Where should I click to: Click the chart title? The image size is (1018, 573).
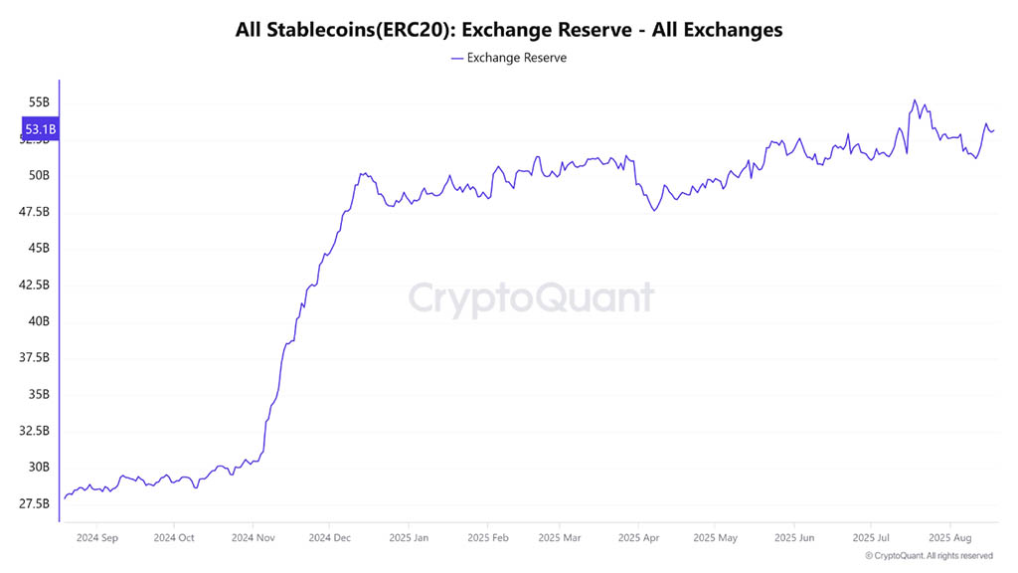coord(509,30)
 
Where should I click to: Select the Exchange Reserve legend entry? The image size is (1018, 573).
coord(509,58)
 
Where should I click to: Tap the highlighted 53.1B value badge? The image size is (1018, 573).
coord(40,129)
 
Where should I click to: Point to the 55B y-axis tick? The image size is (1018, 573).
coord(39,102)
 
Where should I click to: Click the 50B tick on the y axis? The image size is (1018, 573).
coord(39,176)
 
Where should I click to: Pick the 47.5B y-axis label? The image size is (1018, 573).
coord(34,212)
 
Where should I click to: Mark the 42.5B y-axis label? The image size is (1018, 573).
coord(34,286)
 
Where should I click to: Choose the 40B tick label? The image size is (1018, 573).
coord(39,321)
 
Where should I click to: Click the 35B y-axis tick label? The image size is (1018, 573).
coord(39,395)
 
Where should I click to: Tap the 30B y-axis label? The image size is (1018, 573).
coord(39,468)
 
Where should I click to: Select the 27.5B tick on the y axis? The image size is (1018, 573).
coord(34,504)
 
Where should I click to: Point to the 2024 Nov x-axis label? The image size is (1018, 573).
coord(253,538)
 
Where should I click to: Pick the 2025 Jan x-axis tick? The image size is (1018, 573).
coord(408,538)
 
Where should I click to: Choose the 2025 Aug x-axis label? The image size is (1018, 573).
coord(949,538)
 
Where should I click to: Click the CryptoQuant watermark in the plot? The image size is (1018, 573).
coord(532,298)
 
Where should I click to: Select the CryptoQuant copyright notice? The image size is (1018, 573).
coord(929,556)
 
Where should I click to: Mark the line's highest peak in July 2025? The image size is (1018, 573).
coord(914,100)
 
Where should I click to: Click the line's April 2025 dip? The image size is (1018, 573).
coord(654,211)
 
